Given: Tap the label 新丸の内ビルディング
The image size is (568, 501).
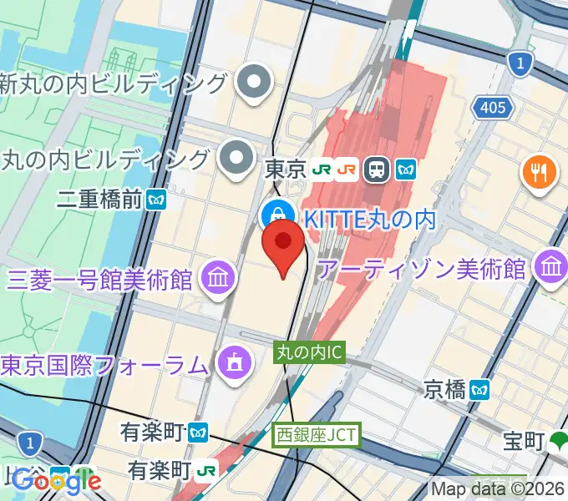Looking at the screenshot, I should (114, 83).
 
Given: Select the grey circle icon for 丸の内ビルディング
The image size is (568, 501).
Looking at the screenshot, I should (237, 156).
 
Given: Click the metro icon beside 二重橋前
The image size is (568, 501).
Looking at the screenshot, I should (155, 200).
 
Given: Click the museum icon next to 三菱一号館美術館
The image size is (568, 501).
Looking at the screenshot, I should (218, 277).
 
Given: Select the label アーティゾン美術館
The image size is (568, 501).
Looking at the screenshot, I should (422, 269).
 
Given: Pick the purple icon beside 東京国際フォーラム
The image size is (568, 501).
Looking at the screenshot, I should (231, 362).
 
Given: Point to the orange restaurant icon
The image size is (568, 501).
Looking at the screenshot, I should (539, 174).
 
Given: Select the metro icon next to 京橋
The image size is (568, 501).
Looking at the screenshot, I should (479, 389).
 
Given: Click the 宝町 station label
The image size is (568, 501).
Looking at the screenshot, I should (524, 440).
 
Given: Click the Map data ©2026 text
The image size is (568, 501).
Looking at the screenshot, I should (498, 489).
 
